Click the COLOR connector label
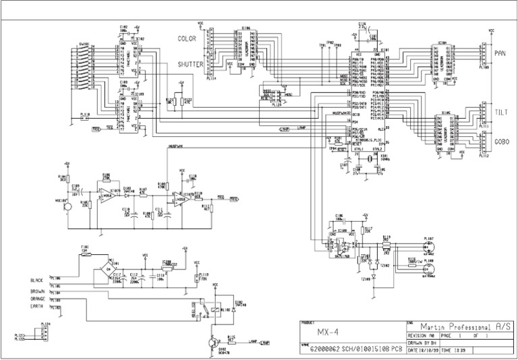187,39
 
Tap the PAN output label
500,53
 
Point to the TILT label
500,113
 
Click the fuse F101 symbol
85,254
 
